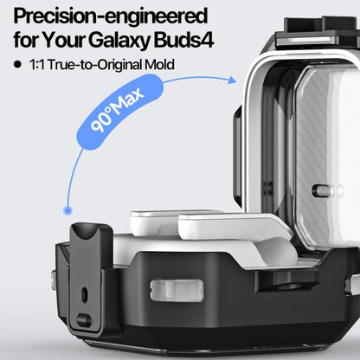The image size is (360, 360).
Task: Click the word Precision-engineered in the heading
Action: pyautogui.click(x=111, y=17)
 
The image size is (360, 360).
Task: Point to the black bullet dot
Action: pyautogui.click(x=17, y=64)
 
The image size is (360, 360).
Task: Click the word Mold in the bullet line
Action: pyautogui.click(x=159, y=65)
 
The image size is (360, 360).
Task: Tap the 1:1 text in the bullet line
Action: pyautogui.click(x=37, y=65)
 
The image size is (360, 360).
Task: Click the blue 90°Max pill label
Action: pyautogui.click(x=119, y=112)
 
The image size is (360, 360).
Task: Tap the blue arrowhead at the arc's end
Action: pyautogui.click(x=232, y=80)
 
